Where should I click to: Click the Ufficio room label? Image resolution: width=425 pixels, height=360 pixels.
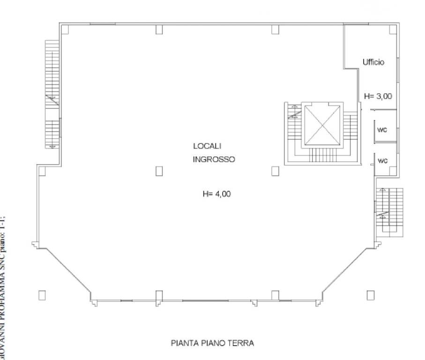373,62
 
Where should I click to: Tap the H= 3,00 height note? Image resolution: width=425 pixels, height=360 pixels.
378,96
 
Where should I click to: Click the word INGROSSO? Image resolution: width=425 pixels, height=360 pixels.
214,159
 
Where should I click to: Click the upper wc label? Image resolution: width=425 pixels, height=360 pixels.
383,130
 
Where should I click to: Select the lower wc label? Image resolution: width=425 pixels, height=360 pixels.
383,161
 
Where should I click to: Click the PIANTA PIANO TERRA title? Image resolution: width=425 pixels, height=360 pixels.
212,343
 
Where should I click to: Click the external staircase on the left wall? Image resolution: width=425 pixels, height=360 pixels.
51,94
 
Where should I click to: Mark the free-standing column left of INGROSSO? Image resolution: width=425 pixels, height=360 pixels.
159,171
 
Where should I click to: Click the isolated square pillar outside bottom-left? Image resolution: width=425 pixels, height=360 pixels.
42,295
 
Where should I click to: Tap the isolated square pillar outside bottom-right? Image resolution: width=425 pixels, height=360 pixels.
370,295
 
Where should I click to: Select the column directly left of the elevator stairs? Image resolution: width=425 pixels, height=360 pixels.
275,171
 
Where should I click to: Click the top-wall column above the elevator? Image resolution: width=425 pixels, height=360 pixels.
275,29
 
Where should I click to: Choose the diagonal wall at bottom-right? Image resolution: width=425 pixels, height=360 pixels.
347,272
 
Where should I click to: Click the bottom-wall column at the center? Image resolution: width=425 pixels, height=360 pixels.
159,295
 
